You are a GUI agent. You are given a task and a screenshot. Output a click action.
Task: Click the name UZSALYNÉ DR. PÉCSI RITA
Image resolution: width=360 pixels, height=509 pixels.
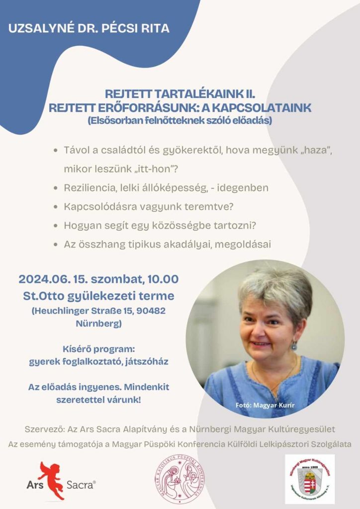click(x=89, y=28)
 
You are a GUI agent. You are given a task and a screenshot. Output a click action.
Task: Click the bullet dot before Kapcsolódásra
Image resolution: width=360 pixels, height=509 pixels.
click(x=55, y=207)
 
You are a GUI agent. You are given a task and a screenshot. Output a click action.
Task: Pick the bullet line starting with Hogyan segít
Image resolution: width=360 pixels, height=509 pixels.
click(x=160, y=226)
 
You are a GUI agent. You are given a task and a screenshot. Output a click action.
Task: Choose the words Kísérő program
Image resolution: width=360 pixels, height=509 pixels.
click(x=98, y=349)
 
